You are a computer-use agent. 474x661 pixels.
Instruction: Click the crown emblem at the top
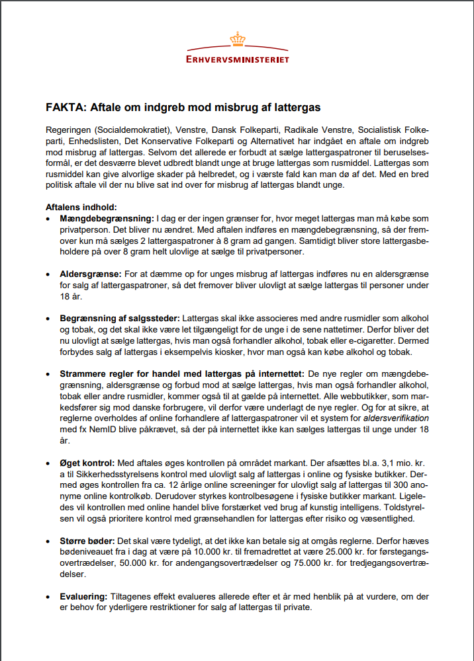coord(237,40)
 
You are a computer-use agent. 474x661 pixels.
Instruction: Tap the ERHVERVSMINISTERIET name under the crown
coord(237,59)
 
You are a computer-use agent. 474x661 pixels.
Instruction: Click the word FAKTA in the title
coord(64,106)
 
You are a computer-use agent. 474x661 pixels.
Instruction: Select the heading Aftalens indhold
coord(81,207)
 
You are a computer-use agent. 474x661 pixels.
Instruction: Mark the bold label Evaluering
coord(83,596)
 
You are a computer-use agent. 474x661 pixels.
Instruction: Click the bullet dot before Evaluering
coord(48,597)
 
